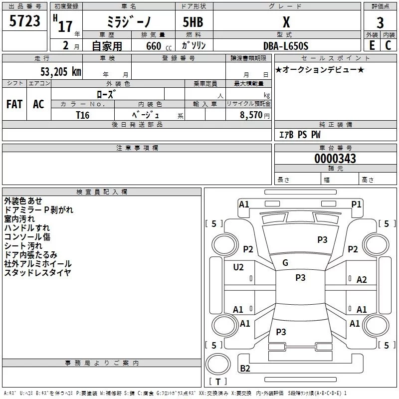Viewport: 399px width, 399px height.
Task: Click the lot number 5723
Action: (x=25, y=21)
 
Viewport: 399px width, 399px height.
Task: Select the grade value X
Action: (x=286, y=22)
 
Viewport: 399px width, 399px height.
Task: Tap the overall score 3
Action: (x=380, y=23)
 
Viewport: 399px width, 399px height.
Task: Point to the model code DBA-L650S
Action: (x=286, y=46)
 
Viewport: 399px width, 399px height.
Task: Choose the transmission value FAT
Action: (x=14, y=104)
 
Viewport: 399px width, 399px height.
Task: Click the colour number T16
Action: (x=82, y=115)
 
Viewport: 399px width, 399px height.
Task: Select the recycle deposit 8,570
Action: (x=251, y=115)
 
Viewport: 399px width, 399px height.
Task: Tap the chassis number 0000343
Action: (x=335, y=159)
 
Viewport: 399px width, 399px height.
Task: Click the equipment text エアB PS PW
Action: (x=300, y=135)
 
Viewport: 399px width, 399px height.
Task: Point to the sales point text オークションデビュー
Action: (x=320, y=69)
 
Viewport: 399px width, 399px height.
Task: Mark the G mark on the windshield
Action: (x=285, y=263)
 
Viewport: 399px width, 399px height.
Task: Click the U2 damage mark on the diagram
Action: (x=238, y=267)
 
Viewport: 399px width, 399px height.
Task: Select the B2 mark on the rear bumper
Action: (x=245, y=369)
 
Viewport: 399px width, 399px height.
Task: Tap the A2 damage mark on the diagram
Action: (x=362, y=280)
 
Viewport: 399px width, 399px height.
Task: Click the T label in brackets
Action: (x=217, y=382)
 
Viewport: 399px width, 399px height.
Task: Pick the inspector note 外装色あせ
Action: (x=23, y=200)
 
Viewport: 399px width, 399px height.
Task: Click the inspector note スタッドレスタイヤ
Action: (x=37, y=272)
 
